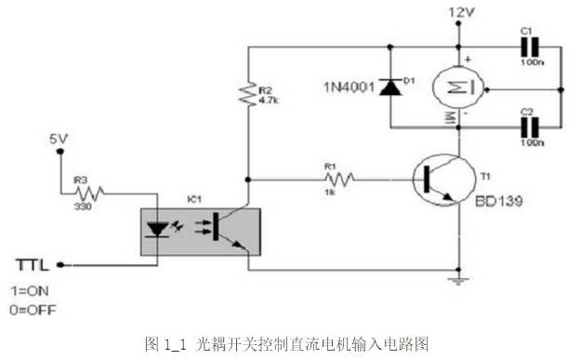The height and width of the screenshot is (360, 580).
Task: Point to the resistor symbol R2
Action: [246, 94]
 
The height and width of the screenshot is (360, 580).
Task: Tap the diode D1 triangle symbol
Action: [391, 87]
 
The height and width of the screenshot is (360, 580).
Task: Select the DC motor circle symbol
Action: [461, 88]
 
